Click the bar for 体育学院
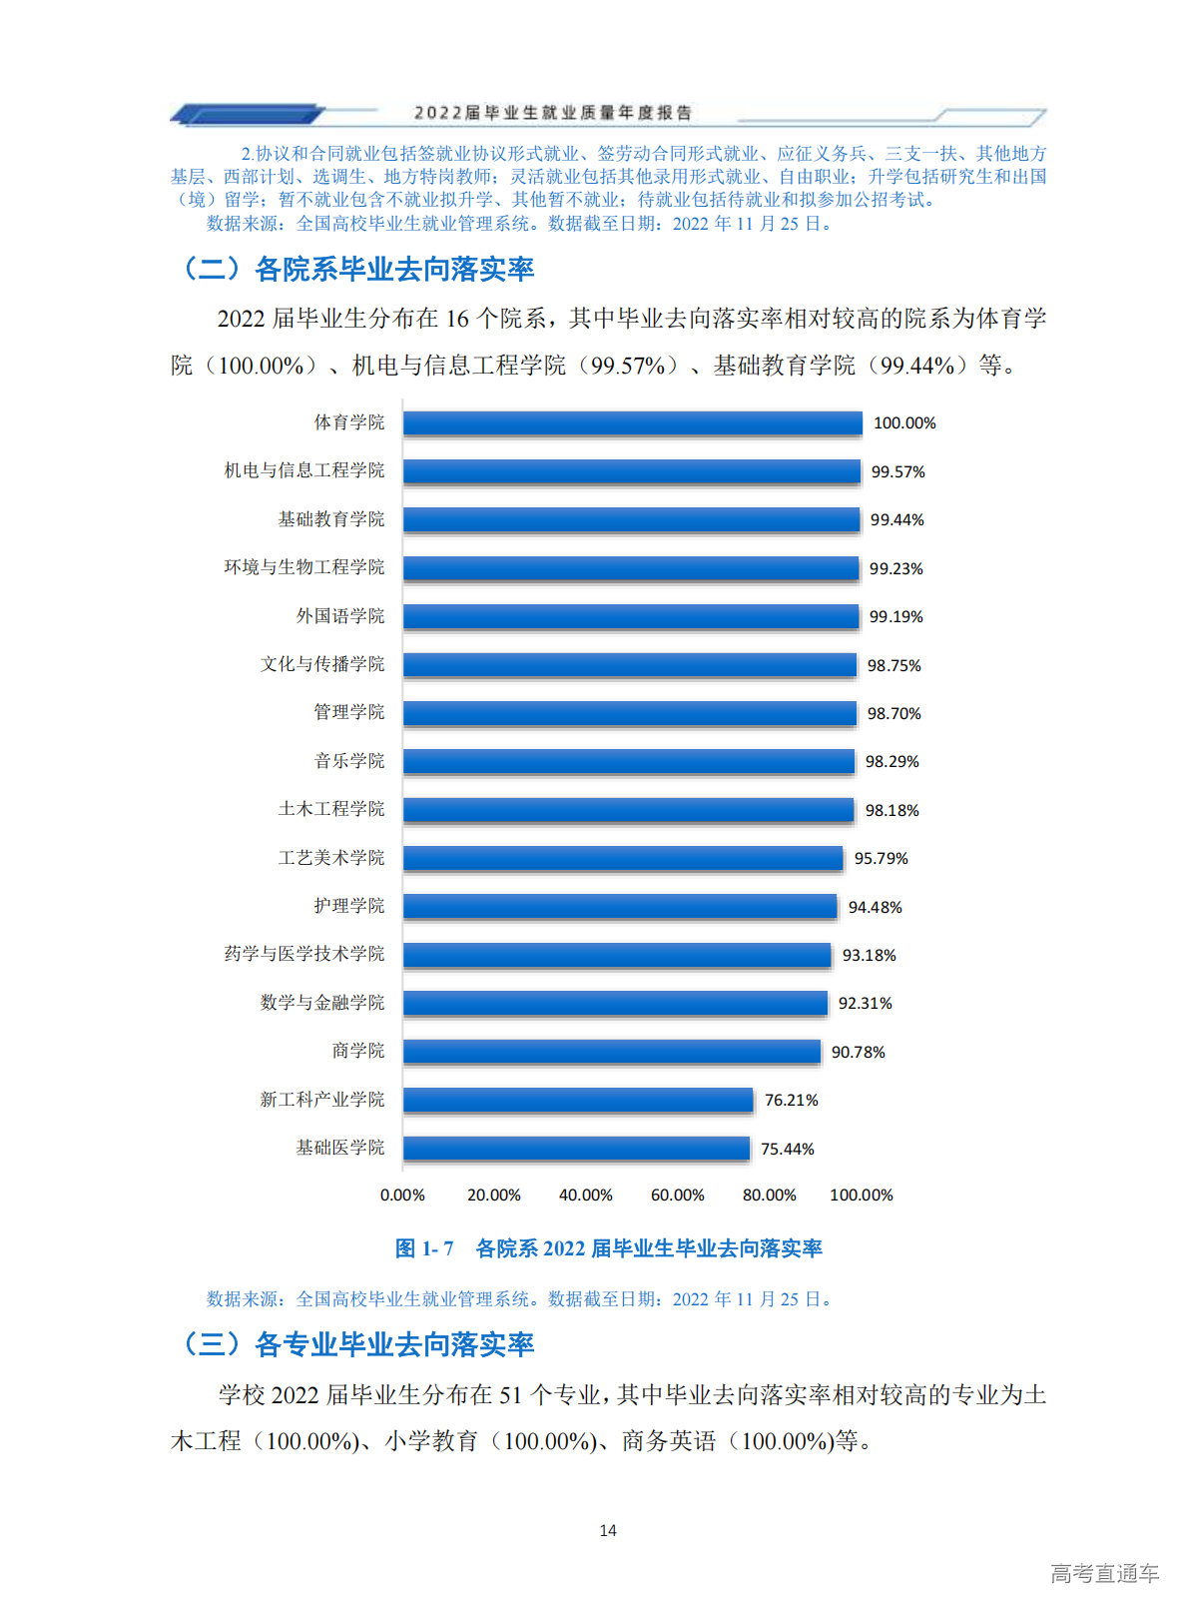(632, 423)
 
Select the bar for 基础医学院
(576, 1149)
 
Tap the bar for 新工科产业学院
(578, 1100)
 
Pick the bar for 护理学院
(620, 907)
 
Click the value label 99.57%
(897, 471)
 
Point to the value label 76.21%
(791, 1100)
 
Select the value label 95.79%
(881, 858)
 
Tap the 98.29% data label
(891, 761)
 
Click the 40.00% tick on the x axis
(585, 1195)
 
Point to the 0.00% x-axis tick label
(402, 1195)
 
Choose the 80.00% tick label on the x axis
(769, 1195)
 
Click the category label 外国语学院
(339, 616)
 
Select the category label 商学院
(357, 1051)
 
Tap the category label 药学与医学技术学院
(303, 954)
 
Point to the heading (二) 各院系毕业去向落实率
(356, 269)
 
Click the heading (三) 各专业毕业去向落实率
(356, 1344)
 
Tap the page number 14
(607, 1530)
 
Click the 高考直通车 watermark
(1104, 1574)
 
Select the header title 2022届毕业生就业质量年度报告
(552, 113)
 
